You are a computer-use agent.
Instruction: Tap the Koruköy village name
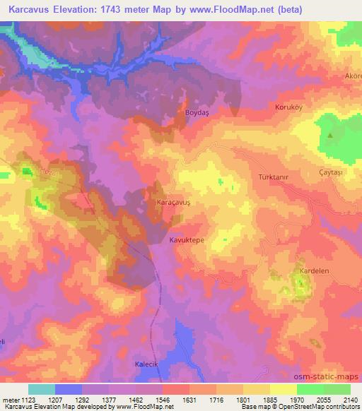point(288,107)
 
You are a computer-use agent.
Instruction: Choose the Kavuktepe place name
point(187,240)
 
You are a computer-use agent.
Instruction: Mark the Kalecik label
point(148,364)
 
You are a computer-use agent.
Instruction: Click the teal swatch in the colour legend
point(42,389)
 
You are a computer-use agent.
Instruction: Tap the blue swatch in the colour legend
point(69,389)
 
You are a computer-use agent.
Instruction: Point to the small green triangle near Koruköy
point(330,134)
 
